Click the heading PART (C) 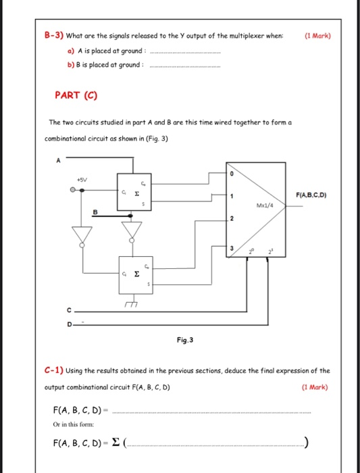[x=76, y=95]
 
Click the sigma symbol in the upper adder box [x=137, y=192]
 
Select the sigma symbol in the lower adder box [x=137, y=274]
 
